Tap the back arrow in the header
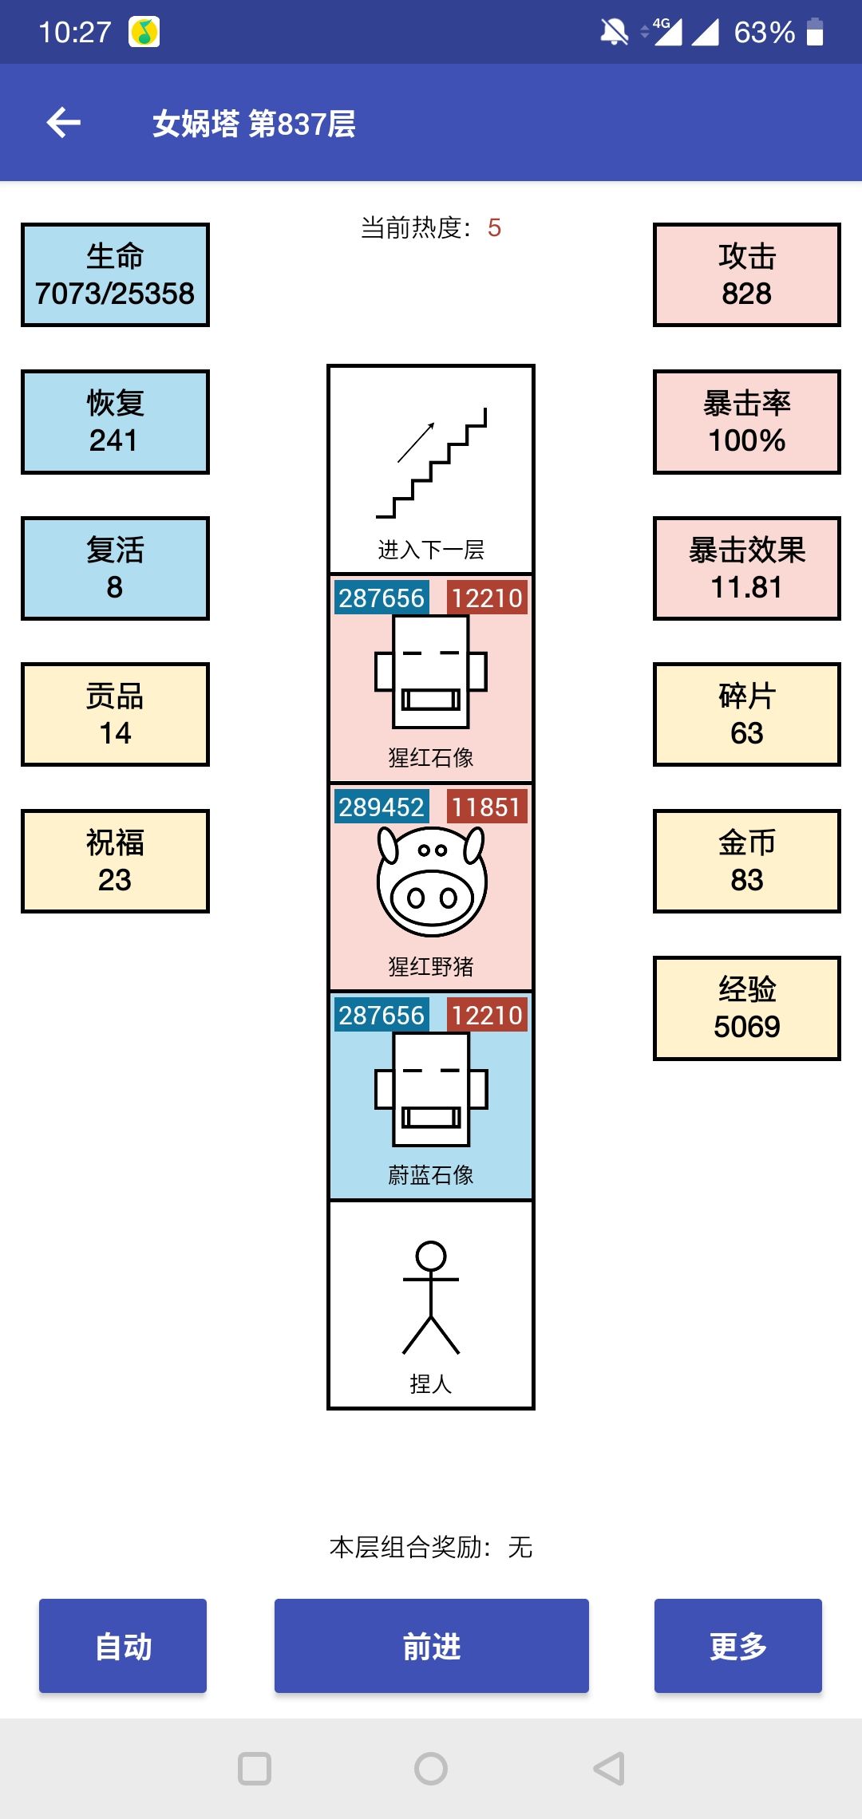64,123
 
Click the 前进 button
431,1646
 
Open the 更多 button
737,1646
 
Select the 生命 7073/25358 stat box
115,274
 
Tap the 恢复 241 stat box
115,421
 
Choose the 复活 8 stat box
115,568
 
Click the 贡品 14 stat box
115,714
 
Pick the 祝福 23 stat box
115,861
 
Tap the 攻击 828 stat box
747,274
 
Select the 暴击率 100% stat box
747,421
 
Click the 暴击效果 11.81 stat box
747,568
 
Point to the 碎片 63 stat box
747,714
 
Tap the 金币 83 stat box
747,861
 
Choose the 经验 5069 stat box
747,1008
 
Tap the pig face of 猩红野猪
431,881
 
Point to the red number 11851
486,807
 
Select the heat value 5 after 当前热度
495,228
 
